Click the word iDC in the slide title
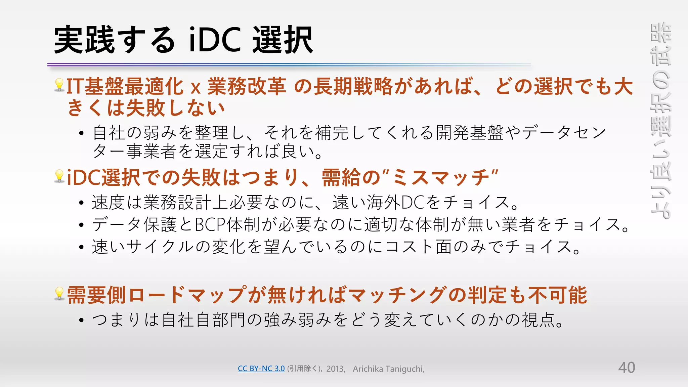pyautogui.click(x=215, y=40)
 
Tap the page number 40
pyautogui.click(x=627, y=368)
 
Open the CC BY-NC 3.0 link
pyautogui.click(x=261, y=369)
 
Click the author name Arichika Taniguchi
pyautogui.click(x=388, y=369)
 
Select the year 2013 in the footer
pyautogui.click(x=335, y=369)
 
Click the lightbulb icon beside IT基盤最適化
pyautogui.click(x=59, y=85)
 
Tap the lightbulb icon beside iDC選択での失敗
pyautogui.click(x=59, y=176)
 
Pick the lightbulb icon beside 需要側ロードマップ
pyautogui.click(x=59, y=294)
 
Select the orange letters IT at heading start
pyautogui.click(x=75, y=86)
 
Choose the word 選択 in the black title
pyautogui.click(x=283, y=40)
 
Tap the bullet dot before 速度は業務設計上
pyautogui.click(x=81, y=203)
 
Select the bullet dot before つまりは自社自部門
pyautogui.click(x=81, y=320)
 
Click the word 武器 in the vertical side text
pyautogui.click(x=661, y=44)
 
